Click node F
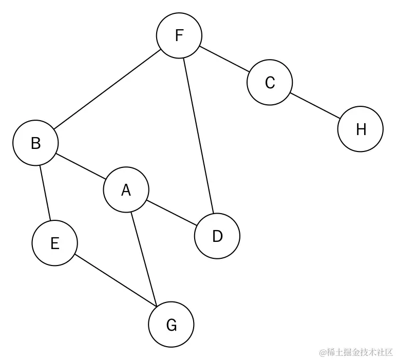pos(179,35)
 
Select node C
pos(270,82)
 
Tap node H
pos(361,129)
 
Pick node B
pos(35,143)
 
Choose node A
pos(126,191)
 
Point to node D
pos(217,236)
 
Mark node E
pos(54,243)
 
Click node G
pos(171,325)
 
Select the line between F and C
pos(224,59)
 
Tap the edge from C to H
pos(315,106)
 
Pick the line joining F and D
pos(198,136)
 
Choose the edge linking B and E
pos(45,193)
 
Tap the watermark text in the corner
pos(355,352)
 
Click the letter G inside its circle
pos(171,325)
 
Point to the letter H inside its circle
pos(361,129)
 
